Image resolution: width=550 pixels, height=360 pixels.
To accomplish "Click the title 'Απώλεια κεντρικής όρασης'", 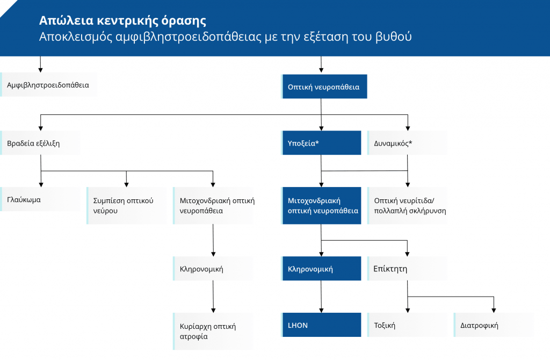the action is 122,21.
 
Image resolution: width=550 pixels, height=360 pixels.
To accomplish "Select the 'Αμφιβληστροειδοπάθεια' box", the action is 49,84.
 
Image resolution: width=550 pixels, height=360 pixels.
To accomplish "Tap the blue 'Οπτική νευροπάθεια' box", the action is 324,87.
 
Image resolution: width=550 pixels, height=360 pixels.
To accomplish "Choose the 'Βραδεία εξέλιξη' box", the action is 40,143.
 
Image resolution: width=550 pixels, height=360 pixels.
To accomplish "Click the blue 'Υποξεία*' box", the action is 321,143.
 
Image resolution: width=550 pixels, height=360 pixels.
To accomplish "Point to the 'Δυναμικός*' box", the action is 407,143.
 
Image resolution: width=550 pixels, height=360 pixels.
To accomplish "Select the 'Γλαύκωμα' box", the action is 40,199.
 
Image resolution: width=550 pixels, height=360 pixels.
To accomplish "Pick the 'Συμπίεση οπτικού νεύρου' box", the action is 127,206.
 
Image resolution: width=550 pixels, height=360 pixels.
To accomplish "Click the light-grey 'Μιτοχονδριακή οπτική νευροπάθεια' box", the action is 213,206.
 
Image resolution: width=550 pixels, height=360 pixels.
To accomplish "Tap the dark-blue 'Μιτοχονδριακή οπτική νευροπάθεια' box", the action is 321,206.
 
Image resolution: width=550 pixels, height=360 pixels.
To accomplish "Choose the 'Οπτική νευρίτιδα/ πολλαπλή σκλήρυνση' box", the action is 407,206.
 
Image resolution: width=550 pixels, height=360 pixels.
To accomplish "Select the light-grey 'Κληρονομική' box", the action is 213,269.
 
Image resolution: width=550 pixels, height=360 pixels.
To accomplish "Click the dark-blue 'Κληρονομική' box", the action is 321,269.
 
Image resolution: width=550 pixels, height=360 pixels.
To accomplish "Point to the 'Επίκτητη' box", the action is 407,269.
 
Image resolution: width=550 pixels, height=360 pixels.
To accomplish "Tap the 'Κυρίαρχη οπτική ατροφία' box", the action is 213,331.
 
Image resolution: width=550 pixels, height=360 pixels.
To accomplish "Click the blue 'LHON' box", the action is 321,325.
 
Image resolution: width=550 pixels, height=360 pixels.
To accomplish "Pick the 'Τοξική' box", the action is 407,325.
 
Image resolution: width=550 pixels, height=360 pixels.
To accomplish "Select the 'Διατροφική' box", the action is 494,325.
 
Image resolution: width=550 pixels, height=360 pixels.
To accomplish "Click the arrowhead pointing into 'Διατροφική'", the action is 494,311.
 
